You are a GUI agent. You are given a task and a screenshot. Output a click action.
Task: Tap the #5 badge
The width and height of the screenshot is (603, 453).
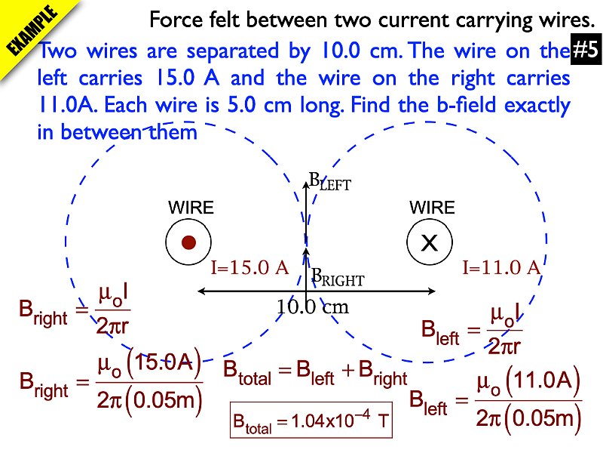click(x=585, y=51)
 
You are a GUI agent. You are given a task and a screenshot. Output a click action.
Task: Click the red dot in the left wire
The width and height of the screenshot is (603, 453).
click(x=189, y=242)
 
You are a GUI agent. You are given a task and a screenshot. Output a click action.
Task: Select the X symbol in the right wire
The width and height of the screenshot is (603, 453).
click(x=429, y=242)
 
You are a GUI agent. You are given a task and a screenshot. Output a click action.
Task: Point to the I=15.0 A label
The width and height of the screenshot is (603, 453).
click(x=249, y=267)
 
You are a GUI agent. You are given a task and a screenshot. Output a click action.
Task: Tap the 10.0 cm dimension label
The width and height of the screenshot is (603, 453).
click(x=312, y=307)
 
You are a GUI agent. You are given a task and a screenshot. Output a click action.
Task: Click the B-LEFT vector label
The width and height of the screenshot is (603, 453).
click(x=330, y=182)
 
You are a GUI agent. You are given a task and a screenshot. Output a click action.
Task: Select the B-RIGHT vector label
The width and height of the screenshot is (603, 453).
click(x=338, y=279)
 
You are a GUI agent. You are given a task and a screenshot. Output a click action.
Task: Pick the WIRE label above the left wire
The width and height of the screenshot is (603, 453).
click(x=191, y=208)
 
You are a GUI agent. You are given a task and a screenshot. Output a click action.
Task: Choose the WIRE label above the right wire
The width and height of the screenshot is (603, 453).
click(x=432, y=208)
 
